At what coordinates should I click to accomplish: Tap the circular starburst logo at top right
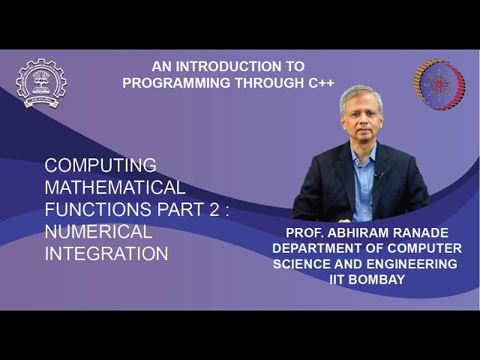[x=439, y=85]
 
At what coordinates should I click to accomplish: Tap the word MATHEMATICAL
[x=115, y=187]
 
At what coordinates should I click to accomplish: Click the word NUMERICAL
[x=98, y=231]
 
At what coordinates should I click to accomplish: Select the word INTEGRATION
[x=106, y=253]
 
